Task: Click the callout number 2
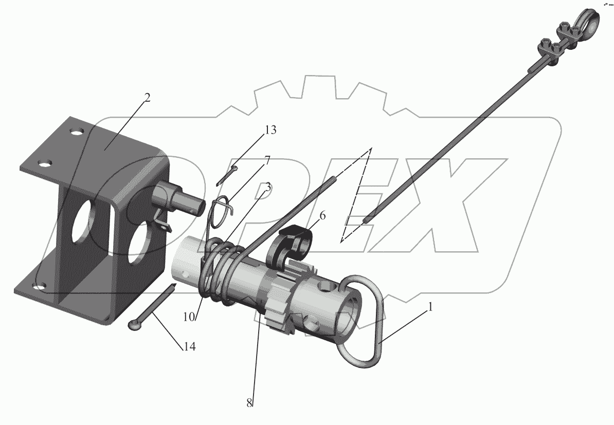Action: tap(147, 98)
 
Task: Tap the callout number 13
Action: tap(270, 130)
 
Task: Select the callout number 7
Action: tap(267, 160)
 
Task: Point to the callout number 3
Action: tap(268, 187)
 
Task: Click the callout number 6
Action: tap(322, 216)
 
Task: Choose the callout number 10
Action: tap(189, 317)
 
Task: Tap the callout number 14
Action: tap(190, 346)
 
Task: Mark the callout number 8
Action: tap(249, 403)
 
